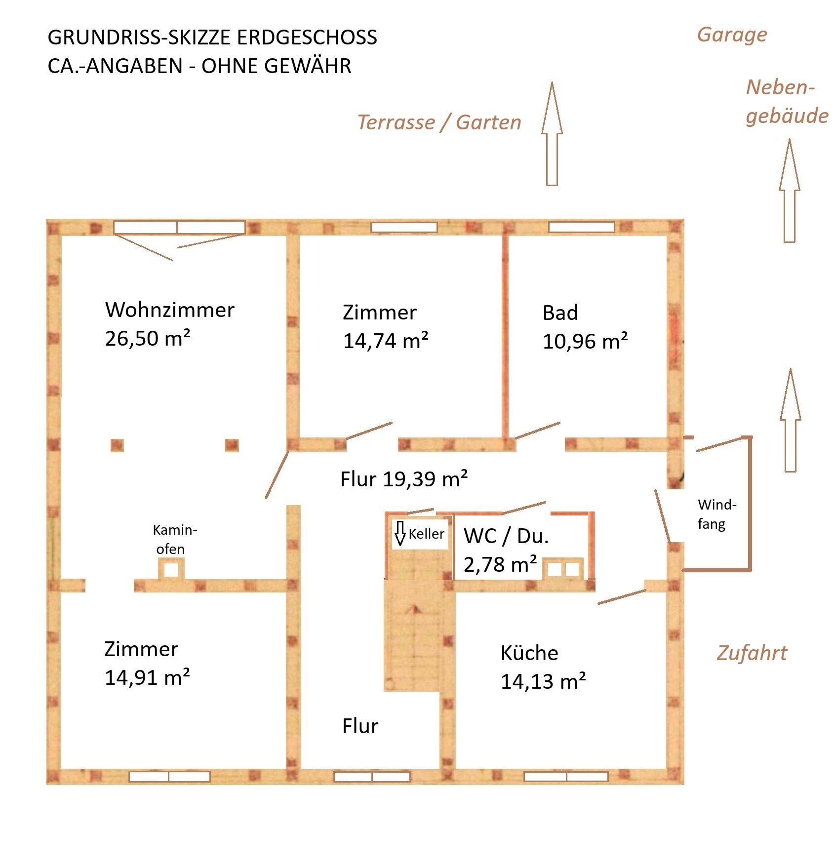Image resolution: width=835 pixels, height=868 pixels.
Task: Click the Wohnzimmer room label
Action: pos(170,310)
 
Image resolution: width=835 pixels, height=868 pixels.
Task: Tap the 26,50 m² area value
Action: pos(148,338)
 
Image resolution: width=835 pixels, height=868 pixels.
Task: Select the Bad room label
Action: pos(560,313)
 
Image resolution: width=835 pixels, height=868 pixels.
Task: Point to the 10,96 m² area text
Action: pos(585,341)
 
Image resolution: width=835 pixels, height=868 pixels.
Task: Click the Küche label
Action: pos(529,653)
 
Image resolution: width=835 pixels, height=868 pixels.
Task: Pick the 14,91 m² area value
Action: pos(147,677)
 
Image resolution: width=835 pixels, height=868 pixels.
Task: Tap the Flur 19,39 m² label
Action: pos(404,478)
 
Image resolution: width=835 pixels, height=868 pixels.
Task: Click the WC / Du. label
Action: pos(506,536)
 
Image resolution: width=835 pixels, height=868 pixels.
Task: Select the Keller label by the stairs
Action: pos(426,534)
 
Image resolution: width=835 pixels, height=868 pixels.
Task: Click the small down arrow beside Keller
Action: pos(400,533)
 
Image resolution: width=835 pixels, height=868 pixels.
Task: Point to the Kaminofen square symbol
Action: pos(171,569)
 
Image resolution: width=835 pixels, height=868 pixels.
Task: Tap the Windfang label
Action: pos(716,514)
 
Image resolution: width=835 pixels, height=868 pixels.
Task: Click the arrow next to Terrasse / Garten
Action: pos(552,134)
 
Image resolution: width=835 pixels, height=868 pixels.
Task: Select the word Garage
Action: pos(732,35)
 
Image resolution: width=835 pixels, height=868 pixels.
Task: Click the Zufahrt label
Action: pos(752,653)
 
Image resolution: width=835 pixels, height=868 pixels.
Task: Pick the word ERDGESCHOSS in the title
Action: pos(307,38)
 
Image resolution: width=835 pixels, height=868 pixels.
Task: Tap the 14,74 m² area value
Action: pos(386,340)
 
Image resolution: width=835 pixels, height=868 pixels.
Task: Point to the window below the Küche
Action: pos(566,777)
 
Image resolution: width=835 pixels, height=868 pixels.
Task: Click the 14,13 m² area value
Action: pos(543,681)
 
